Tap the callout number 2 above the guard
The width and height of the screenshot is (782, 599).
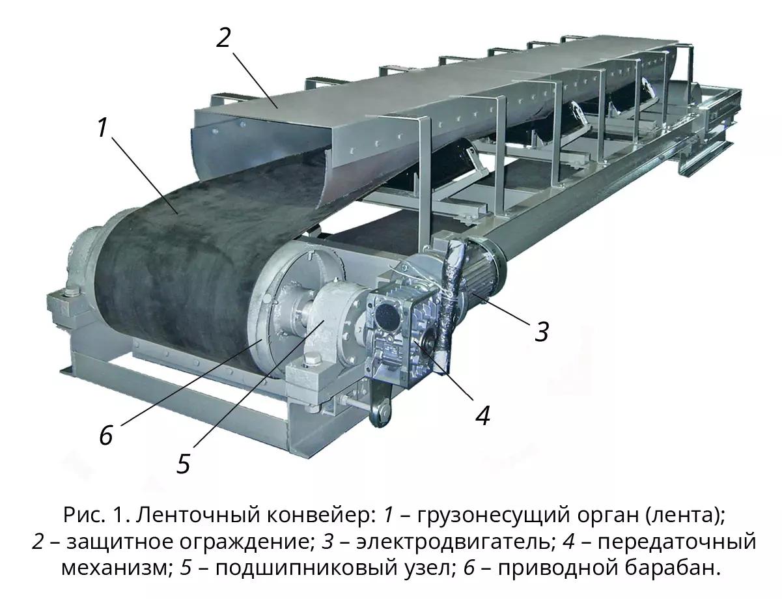coord(223,38)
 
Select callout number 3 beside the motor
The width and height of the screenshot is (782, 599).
coord(542,331)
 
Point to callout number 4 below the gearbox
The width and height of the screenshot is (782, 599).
coord(482,415)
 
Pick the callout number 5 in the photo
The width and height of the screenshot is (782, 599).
coord(183,464)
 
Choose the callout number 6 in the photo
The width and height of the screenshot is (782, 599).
coord(107,435)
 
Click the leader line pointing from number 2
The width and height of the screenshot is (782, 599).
coord(255,81)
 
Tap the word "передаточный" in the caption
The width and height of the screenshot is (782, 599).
coord(677,543)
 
